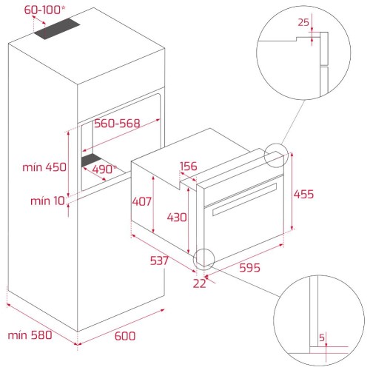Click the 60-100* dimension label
[x=45, y=10]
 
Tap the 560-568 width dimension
[x=117, y=123]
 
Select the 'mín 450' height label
[x=44, y=167]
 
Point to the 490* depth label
[x=104, y=169]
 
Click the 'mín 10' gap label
[x=47, y=201]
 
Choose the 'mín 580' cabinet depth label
[x=30, y=335]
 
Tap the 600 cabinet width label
[x=125, y=336]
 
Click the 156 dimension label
[x=189, y=166]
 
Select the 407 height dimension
[x=141, y=201]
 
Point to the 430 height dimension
[x=177, y=218]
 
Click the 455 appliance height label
[x=303, y=194]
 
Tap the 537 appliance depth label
[x=159, y=260]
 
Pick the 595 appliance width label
[x=249, y=268]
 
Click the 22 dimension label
[x=199, y=283]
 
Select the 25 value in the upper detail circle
[x=303, y=22]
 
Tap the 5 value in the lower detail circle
[x=322, y=337]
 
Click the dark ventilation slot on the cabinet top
[x=57, y=29]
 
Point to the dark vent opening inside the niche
[x=91, y=160]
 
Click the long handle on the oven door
[x=245, y=199]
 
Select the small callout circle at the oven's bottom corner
[x=204, y=249]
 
